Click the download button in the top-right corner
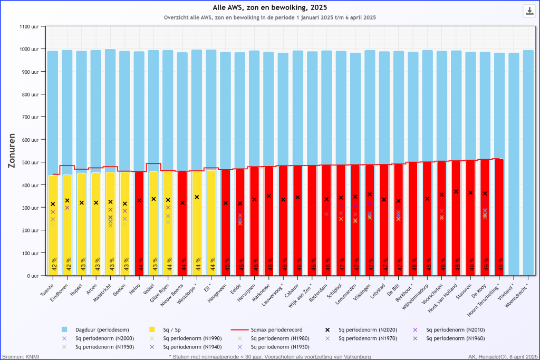528,11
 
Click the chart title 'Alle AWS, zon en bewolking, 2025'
269,7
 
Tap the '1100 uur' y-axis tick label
28,26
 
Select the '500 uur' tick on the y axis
30,162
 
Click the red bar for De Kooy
485,221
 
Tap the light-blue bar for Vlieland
514,158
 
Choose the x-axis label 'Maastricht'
104,291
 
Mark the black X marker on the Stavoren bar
470,192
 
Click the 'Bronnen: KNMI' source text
20,356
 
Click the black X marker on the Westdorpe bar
197,197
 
